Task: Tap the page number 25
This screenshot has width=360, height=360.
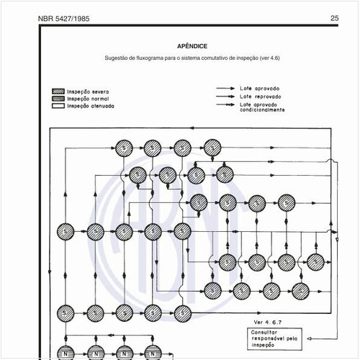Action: point(335,19)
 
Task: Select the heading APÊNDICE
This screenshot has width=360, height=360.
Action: point(192,45)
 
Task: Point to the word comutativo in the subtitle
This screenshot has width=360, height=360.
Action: point(209,58)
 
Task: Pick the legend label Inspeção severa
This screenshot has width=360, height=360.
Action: point(88,91)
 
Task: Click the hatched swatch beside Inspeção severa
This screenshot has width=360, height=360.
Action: point(58,91)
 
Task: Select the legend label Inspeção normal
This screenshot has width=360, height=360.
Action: point(88,99)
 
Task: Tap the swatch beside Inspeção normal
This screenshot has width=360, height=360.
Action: point(58,99)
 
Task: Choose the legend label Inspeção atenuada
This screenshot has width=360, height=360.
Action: point(90,105)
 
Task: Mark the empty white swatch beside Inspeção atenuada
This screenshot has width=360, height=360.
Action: point(58,105)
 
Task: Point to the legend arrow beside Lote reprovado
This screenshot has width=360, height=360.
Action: point(226,96)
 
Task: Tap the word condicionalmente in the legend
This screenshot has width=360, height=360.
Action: point(262,110)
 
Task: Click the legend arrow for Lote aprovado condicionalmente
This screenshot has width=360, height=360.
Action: point(226,105)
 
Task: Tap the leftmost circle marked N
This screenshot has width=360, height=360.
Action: point(66,352)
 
